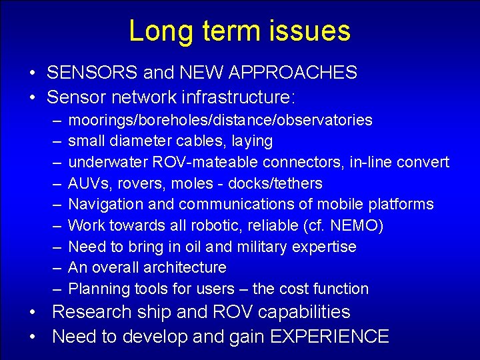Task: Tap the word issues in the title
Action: click(313, 32)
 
